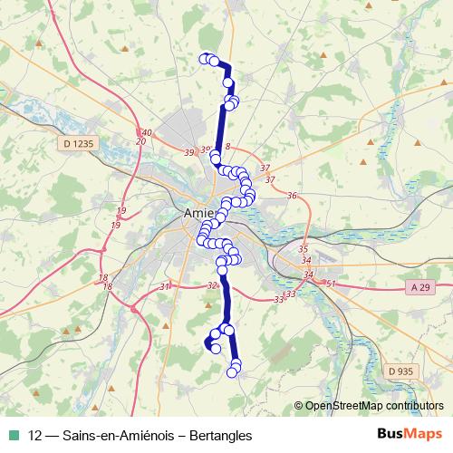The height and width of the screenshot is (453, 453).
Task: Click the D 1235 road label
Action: pyautogui.click(x=78, y=142)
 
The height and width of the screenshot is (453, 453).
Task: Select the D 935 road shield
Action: pyautogui.click(x=399, y=371)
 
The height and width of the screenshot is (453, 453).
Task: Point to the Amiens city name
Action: pyautogui.click(x=190, y=214)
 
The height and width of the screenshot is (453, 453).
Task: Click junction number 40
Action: pyautogui.click(x=147, y=132)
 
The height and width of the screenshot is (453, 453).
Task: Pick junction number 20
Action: pyautogui.click(x=140, y=141)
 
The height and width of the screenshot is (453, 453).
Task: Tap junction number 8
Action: pyautogui.click(x=228, y=146)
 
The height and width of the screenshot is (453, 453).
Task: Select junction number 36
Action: pyautogui.click(x=292, y=196)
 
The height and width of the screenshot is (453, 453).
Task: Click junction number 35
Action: pyautogui.click(x=303, y=248)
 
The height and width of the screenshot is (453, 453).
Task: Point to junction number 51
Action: pyautogui.click(x=331, y=284)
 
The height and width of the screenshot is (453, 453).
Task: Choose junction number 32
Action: pyautogui.click(x=212, y=284)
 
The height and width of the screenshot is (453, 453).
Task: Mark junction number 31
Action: pyautogui.click(x=165, y=286)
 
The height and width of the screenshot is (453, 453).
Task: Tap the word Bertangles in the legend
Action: pyautogui.click(x=217, y=436)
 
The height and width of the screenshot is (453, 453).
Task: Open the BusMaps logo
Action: pyautogui.click(x=409, y=435)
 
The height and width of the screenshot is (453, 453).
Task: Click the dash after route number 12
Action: pyautogui.click(x=53, y=436)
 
